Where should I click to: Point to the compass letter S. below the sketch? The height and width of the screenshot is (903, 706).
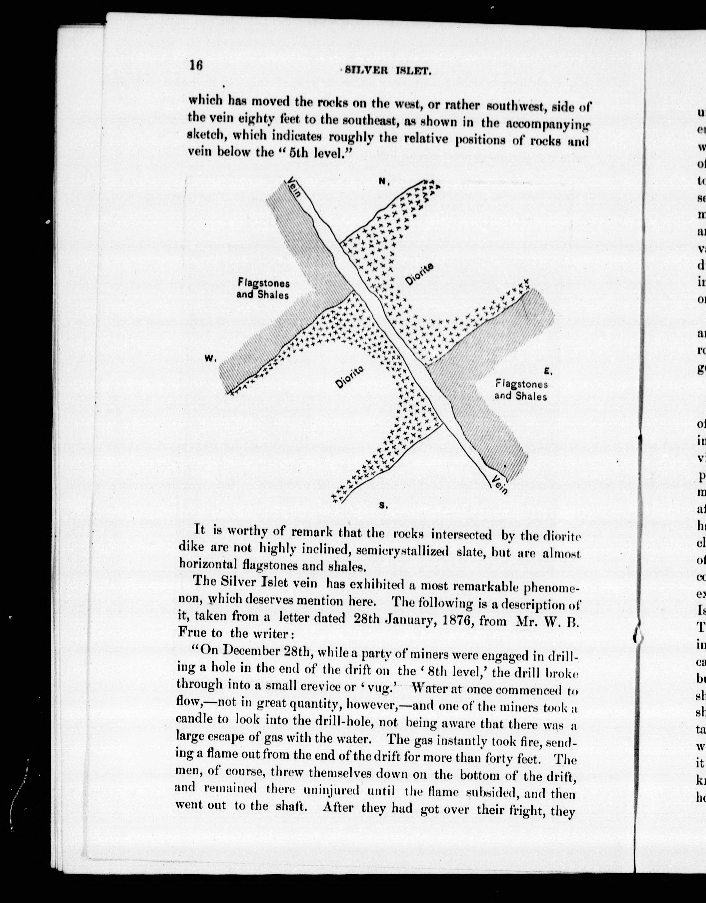point(383,517)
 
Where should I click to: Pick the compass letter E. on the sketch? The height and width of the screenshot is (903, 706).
point(548,371)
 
